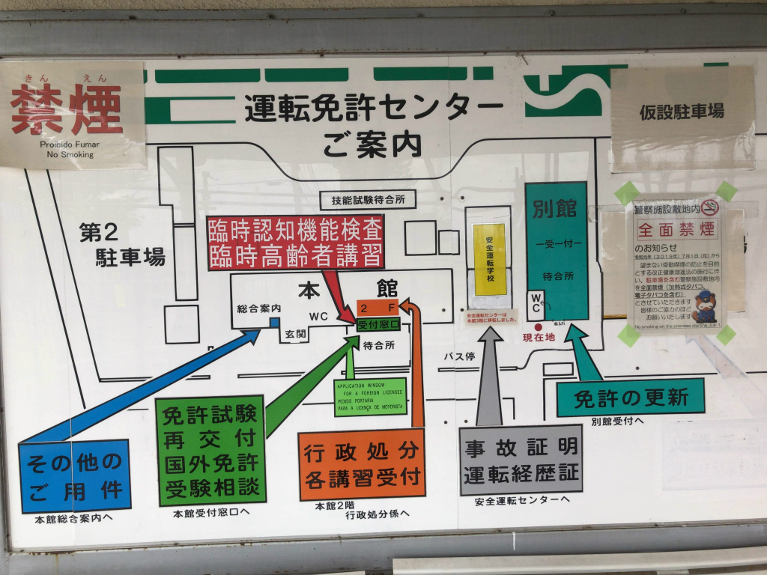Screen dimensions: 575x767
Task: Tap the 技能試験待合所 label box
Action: (367, 200)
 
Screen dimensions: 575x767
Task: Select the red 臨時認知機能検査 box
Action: (296, 241)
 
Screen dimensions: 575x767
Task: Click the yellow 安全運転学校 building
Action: (489, 258)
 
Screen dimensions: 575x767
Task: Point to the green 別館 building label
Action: (555, 209)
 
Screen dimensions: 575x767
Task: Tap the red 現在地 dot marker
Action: (538, 328)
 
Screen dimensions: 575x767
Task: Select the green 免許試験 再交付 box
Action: (211, 450)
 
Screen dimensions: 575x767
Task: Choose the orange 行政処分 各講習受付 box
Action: (362, 464)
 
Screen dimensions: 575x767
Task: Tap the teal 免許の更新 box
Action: (631, 398)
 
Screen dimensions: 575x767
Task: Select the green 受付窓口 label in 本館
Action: (378, 325)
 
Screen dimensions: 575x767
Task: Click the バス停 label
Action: (460, 356)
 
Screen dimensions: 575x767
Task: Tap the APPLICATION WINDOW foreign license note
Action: (369, 398)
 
